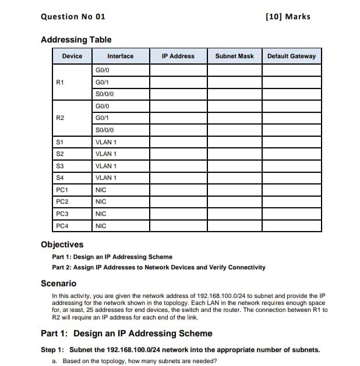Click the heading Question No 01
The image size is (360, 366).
[73, 16]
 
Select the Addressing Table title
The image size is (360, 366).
[76, 40]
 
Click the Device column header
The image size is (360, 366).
[72, 56]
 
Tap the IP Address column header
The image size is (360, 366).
[178, 56]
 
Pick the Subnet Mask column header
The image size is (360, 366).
[234, 56]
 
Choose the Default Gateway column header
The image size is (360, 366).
[291, 56]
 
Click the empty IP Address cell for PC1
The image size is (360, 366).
[178, 190]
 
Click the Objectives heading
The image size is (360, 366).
[62, 244]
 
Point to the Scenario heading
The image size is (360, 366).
[58, 283]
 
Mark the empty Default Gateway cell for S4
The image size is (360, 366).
[291, 177]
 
